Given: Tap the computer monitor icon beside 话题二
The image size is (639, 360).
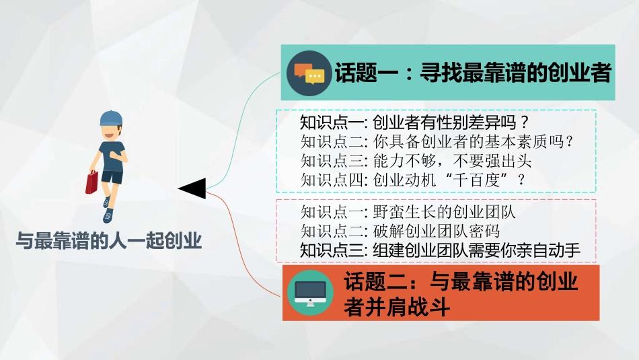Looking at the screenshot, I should click(310, 293).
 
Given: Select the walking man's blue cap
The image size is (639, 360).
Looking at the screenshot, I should click(112, 118).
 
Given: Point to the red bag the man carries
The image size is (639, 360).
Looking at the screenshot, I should click(91, 182).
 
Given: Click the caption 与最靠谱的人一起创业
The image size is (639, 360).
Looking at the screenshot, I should click(109, 240).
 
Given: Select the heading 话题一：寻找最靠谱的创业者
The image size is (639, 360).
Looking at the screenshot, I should click(472, 72).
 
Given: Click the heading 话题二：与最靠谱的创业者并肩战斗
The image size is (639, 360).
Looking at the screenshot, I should click(461, 294).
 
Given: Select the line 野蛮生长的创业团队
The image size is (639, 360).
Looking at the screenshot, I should click(444, 213).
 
